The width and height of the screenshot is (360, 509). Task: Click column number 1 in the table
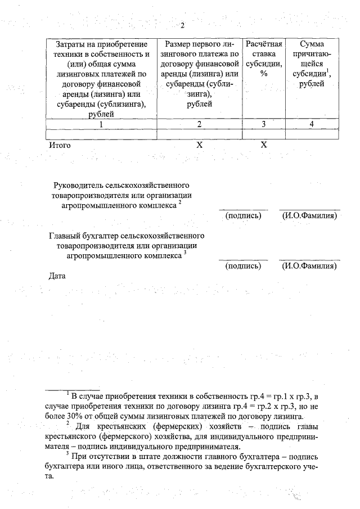tap(101, 124)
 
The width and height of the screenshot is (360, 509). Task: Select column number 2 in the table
tap(199, 124)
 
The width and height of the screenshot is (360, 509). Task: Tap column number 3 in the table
tap(263, 124)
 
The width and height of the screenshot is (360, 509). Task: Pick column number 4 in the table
tap(312, 124)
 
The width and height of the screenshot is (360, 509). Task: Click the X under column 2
tap(199, 145)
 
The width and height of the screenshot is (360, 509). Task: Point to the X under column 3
tap(263, 145)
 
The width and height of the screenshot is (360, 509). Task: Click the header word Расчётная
tap(263, 44)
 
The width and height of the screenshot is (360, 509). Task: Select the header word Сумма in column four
tap(312, 44)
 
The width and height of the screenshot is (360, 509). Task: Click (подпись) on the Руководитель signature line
tap(243, 215)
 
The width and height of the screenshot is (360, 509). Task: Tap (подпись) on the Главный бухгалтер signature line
tap(243, 266)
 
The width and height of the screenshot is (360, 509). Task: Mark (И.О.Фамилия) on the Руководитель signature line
tap(309, 215)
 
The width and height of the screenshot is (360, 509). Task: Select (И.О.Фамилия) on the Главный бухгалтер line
tap(309, 266)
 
